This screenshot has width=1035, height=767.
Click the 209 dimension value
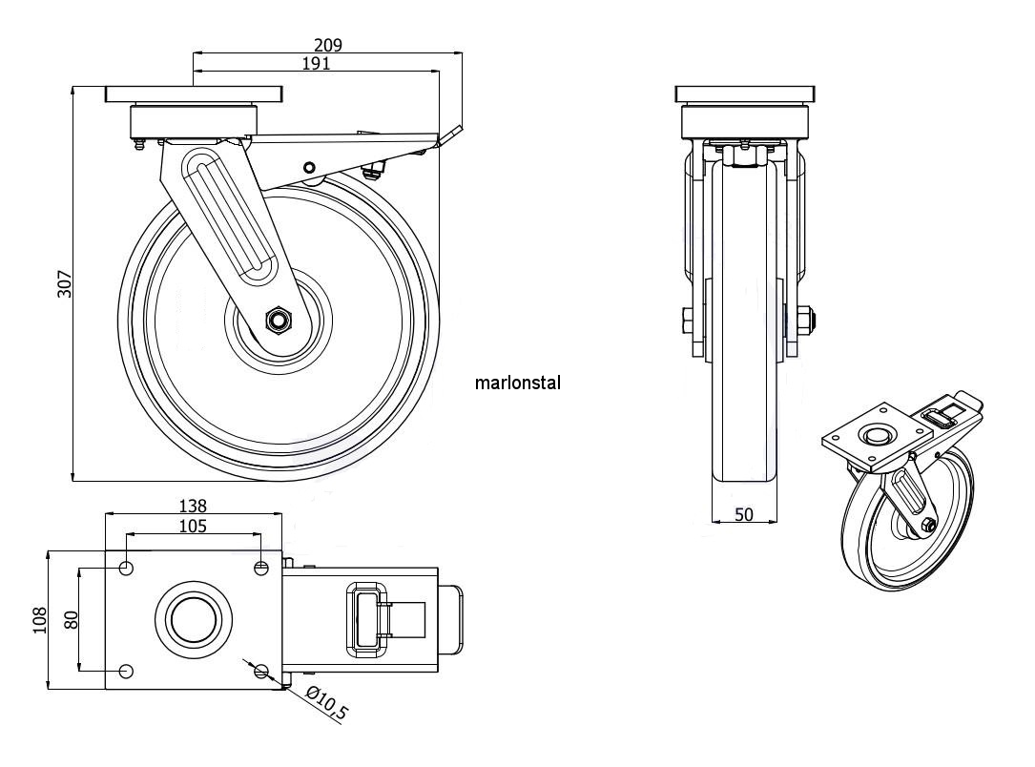coord(327,44)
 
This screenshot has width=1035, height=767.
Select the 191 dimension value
coord(316,64)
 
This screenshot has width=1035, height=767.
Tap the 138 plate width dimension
coord(192,506)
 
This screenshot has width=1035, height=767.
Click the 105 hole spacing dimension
coord(192,526)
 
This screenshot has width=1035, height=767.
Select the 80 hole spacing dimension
coord(70,620)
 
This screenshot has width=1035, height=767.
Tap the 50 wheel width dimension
coord(744,514)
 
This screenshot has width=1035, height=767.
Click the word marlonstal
coord(517,383)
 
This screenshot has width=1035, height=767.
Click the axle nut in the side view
coord(279,320)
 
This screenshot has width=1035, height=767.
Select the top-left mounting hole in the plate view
coord(126,569)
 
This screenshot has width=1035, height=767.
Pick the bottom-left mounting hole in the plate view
coord(126,671)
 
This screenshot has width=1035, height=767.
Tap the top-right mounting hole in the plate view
coord(261,569)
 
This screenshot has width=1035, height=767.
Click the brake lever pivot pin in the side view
coord(308,168)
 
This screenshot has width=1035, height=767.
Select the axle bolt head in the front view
coord(803,321)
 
